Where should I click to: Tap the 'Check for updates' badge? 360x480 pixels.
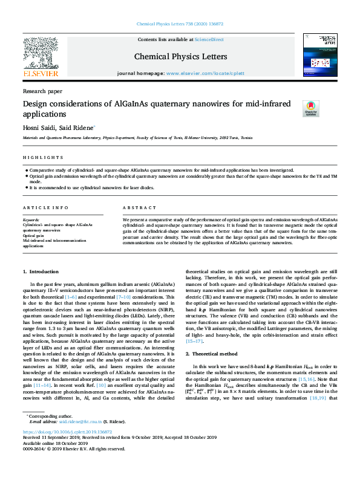(x=310, y=108)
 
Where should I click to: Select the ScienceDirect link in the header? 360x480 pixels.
(x=209, y=39)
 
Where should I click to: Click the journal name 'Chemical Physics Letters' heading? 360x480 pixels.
(x=180, y=57)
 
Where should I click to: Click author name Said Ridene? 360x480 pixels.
(x=80, y=128)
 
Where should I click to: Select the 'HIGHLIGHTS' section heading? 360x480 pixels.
(x=38, y=157)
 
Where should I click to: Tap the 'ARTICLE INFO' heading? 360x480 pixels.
(x=46, y=207)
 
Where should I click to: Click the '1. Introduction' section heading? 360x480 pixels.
(x=41, y=273)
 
